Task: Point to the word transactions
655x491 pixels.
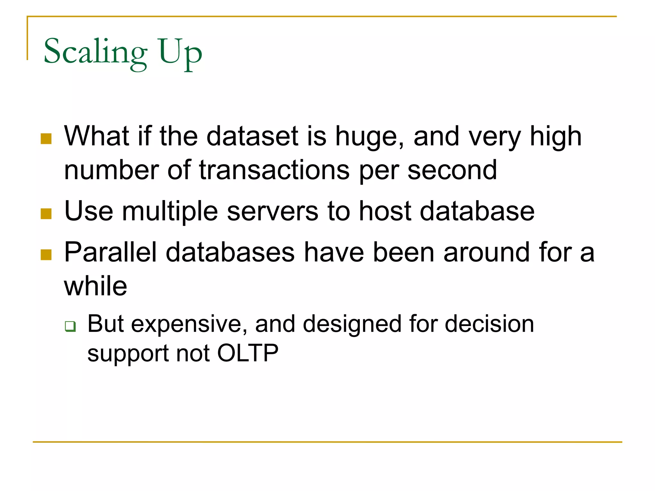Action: (274, 170)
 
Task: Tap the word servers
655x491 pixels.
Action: (272, 211)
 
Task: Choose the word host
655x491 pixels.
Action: (385, 211)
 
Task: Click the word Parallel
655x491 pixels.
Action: (110, 253)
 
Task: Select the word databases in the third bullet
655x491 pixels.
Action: (230, 253)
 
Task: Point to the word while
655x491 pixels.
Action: (95, 286)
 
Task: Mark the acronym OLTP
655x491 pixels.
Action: (248, 354)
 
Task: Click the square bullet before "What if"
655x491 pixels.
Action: (46, 139)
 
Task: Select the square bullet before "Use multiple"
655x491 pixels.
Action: (46, 214)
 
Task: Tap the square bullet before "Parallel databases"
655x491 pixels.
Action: (46, 255)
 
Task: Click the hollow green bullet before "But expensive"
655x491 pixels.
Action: (70, 326)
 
